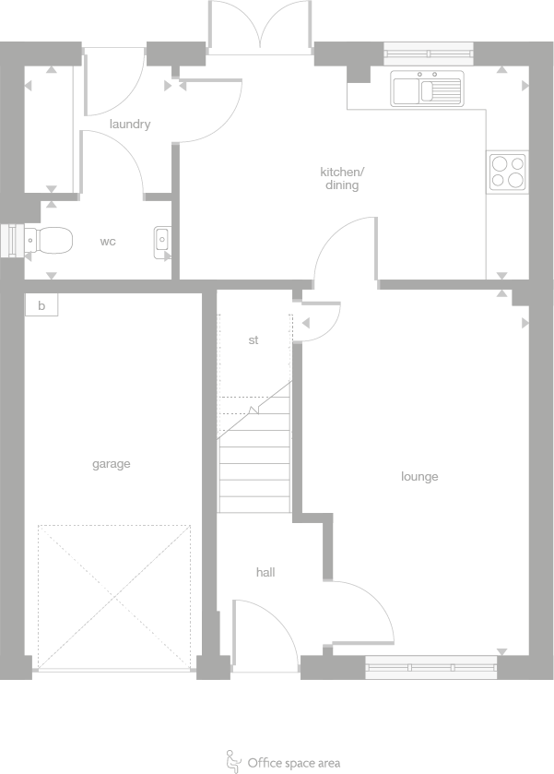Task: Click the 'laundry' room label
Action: (129, 124)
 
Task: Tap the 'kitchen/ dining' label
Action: (342, 178)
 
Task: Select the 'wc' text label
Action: (108, 242)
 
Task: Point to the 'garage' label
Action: (111, 464)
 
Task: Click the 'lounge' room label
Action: (419, 477)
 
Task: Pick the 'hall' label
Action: (265, 573)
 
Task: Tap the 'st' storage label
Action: (253, 340)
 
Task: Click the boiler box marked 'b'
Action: (41, 304)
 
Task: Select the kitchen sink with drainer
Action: (426, 89)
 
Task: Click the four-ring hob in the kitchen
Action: (508, 172)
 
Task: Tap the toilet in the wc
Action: (49, 240)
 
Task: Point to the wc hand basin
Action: (162, 241)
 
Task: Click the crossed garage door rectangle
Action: (114, 597)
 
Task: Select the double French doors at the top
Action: (262, 25)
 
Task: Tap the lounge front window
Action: (431, 667)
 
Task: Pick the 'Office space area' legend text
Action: (293, 763)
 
